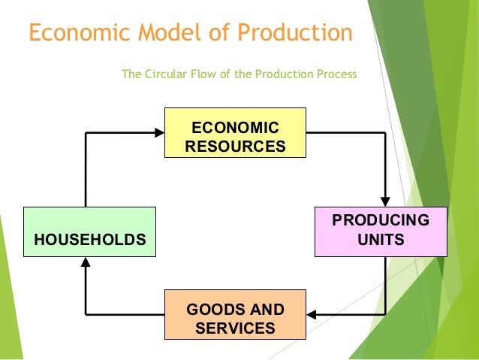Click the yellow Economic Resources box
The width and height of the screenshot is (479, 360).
[235, 132]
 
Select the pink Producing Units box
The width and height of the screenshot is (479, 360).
[381, 230]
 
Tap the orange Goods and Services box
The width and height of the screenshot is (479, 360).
[235, 314]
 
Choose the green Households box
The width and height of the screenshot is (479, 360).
[89, 230]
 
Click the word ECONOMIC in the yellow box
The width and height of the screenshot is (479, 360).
[235, 127]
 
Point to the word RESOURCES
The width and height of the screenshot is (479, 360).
[235, 145]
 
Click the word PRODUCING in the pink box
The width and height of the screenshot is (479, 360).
[381, 220]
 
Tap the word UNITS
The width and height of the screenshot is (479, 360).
[381, 241]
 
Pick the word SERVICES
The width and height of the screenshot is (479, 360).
[235, 328]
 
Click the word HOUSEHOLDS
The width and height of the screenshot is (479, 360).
[89, 241]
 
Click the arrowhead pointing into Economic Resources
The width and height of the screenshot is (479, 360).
[159, 132]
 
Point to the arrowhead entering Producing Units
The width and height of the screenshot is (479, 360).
[385, 201]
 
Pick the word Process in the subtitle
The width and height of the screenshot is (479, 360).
[337, 74]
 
